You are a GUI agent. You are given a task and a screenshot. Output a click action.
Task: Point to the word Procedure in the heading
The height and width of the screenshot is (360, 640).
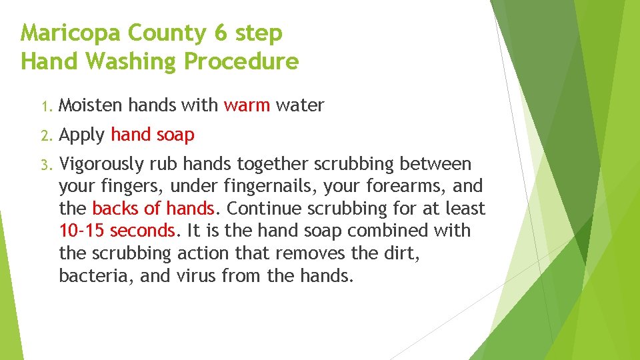click(241, 62)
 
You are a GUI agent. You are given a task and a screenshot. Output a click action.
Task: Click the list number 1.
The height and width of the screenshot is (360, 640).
click(45, 106)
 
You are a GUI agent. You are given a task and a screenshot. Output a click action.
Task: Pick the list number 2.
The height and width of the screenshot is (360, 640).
click(45, 136)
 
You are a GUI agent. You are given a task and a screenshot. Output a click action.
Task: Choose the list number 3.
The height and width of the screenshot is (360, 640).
click(45, 165)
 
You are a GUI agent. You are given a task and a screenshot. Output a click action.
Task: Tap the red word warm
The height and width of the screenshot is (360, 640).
click(247, 105)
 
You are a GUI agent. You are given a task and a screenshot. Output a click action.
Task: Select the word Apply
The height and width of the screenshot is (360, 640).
click(82, 135)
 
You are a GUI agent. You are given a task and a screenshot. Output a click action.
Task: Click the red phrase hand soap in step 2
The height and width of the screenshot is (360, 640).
click(153, 135)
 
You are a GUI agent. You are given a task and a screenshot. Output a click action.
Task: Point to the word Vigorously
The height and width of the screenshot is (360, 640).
click(101, 165)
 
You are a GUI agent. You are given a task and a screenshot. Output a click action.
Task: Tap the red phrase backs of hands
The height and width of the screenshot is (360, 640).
click(153, 209)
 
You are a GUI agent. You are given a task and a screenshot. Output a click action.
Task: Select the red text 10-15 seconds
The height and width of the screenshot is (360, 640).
click(117, 231)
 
